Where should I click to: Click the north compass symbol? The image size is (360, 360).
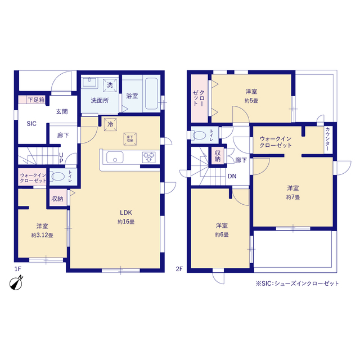(16, 283)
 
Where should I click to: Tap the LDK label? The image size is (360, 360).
(126, 213)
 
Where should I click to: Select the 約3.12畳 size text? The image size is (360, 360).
(42, 235)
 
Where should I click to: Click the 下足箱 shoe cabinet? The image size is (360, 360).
(31, 100)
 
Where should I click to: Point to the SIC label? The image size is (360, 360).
(31, 124)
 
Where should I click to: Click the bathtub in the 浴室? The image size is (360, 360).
(151, 93)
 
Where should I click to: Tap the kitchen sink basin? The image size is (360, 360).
(115, 157)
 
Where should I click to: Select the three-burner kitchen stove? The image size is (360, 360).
(148, 157)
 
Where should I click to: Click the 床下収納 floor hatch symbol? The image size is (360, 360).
(130, 139)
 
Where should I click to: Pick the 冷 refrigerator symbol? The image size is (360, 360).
(110, 125)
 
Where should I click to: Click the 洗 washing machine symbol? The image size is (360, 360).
(110, 85)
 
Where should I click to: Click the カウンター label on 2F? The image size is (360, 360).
(327, 139)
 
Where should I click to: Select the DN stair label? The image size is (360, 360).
(232, 176)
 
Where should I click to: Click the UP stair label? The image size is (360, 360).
(61, 158)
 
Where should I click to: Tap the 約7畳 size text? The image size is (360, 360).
(293, 197)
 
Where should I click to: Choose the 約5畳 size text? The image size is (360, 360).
(251, 101)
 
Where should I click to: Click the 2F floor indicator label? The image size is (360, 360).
(179, 269)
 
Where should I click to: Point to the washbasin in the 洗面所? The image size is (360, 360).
(89, 83)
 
